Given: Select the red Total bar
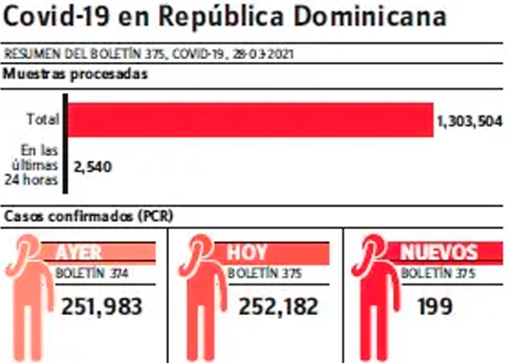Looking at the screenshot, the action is [250, 119].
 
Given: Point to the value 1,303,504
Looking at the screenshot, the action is [470, 121].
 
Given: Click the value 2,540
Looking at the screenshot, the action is [92, 167].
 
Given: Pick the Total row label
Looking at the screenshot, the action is [43, 119].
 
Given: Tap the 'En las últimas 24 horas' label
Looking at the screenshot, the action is [31, 165].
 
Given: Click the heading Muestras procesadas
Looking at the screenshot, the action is [75, 74].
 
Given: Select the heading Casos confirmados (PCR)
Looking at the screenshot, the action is [89, 216].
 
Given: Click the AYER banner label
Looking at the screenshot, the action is [79, 252].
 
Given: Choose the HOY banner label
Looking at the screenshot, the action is [247, 252].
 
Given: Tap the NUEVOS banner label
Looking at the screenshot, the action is [439, 252].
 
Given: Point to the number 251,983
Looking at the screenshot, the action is [102, 307].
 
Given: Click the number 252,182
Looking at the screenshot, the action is [278, 307].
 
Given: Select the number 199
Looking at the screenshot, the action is [434, 307].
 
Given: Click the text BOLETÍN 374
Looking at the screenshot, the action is [91, 273].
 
